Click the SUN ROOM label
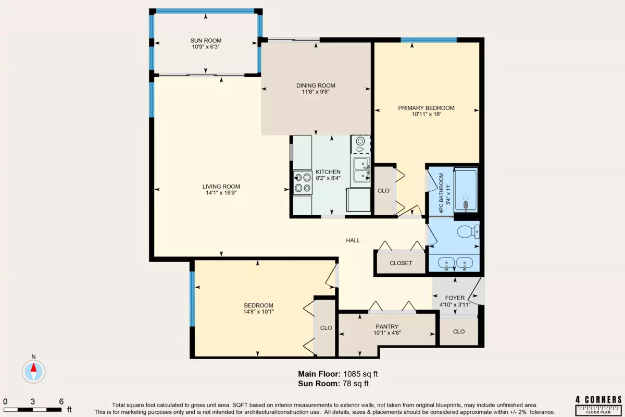(x=206, y=41)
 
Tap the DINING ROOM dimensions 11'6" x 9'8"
(x=316, y=92)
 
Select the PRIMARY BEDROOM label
(x=426, y=108)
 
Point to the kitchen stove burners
(x=303, y=182)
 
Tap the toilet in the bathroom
(x=468, y=232)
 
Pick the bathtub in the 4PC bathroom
(x=466, y=190)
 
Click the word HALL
(x=353, y=240)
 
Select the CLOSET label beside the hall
(x=401, y=263)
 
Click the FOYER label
(x=455, y=298)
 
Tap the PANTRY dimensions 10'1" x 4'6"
(x=387, y=333)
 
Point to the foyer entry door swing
(x=476, y=291)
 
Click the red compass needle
(x=33, y=367)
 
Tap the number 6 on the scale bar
(x=61, y=402)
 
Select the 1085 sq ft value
(x=360, y=374)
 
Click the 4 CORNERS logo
(x=598, y=405)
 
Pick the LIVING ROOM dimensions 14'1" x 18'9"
(x=221, y=193)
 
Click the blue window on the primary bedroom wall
(x=429, y=40)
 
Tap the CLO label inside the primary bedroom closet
(x=383, y=191)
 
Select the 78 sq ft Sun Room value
(x=356, y=384)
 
